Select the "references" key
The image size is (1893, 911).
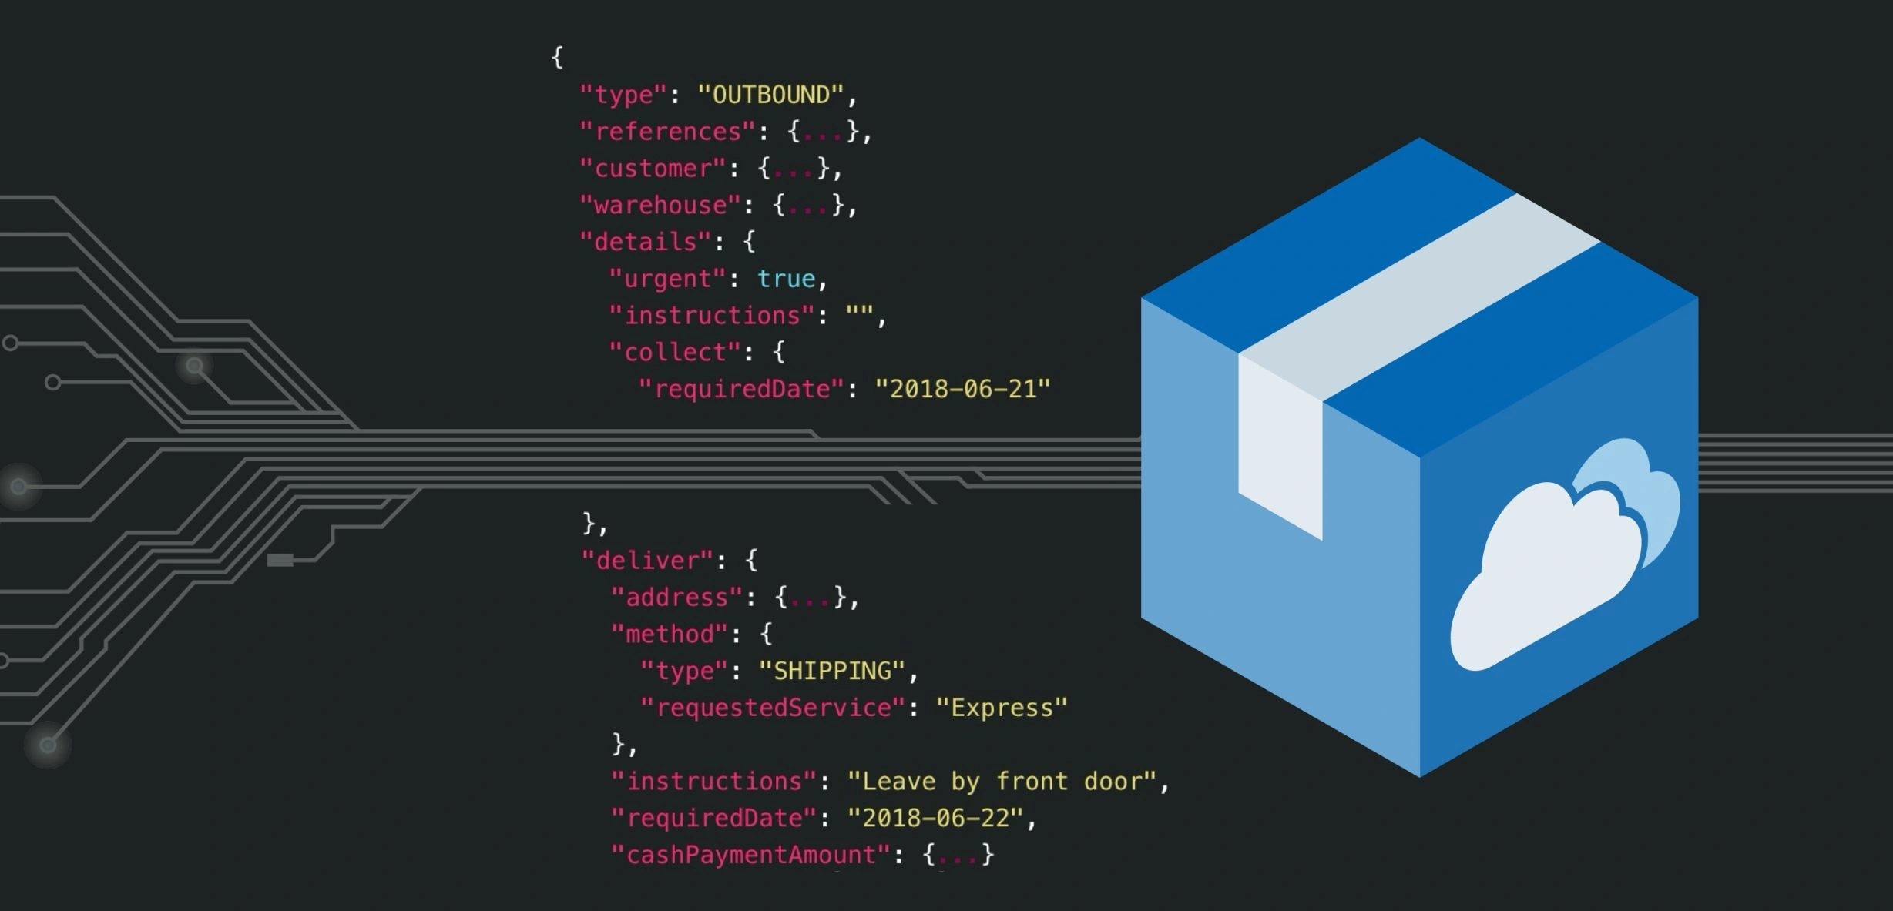point(667,132)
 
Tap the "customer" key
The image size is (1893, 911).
point(653,169)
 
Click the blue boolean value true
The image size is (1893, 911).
point(785,279)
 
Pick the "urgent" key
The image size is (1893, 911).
point(667,279)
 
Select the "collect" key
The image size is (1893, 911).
point(675,353)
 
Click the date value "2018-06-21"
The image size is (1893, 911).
point(962,390)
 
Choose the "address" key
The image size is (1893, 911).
point(676,598)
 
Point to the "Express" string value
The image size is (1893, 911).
point(1001,708)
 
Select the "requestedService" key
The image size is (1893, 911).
point(772,708)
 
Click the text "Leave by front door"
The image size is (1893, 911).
point(1002,782)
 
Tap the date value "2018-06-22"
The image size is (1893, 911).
point(935,818)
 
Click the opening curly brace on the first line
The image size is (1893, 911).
point(557,57)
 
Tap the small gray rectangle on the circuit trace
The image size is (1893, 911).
point(280,560)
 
